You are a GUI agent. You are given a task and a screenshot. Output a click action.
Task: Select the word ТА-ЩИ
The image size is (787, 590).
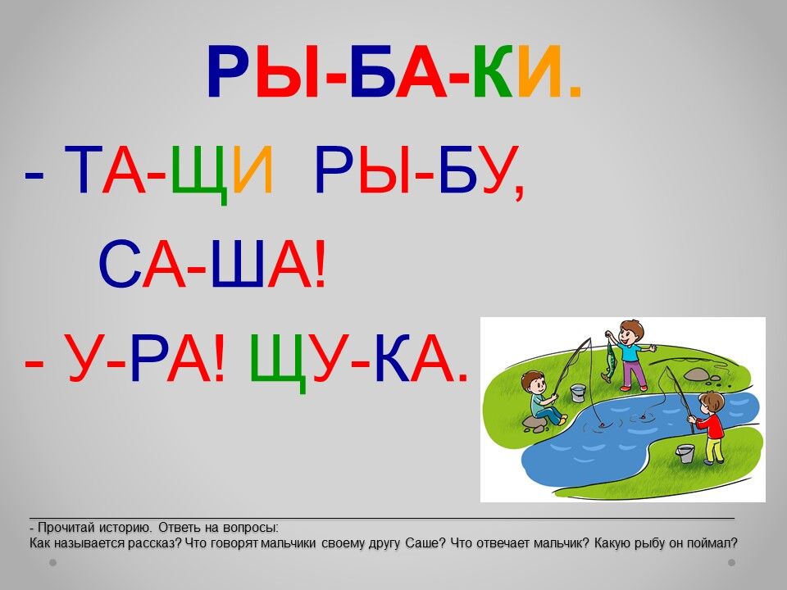[169, 170]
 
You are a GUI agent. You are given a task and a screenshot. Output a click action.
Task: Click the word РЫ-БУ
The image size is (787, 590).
[419, 170]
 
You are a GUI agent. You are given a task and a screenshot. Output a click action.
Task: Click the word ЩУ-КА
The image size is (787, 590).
[359, 359]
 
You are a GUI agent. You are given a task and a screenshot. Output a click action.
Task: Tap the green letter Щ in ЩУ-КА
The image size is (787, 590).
[279, 361]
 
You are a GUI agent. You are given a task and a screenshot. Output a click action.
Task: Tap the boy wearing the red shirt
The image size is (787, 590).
[708, 426]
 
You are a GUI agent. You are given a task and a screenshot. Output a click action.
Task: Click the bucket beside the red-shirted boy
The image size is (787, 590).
[685, 453]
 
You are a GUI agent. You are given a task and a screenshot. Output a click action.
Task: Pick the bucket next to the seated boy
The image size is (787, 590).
[578, 393]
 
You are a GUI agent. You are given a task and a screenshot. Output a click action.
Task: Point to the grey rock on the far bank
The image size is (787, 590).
[696, 374]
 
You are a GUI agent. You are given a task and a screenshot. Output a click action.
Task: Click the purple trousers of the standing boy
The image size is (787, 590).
[634, 374]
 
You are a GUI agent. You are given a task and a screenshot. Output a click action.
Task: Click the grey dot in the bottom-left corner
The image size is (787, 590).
[52, 563]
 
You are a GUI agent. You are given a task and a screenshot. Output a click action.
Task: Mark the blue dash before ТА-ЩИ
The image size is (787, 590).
[34, 177]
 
